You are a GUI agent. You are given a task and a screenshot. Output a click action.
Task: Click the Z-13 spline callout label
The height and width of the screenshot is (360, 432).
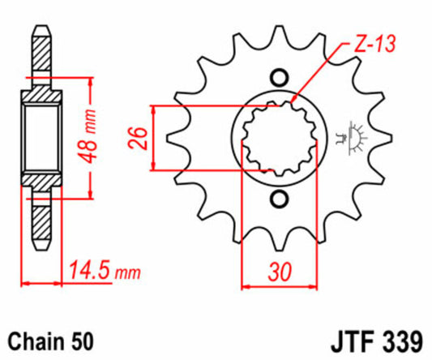[x=374, y=44]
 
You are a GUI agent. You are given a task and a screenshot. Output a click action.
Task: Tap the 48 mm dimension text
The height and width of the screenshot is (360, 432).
[x=87, y=136]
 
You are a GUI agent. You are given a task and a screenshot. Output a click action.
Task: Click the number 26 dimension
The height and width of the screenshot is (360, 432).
[x=138, y=138]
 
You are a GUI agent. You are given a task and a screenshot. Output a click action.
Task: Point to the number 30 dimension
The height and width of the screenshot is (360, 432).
[x=280, y=272]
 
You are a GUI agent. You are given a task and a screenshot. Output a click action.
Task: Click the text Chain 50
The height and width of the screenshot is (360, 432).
[x=51, y=342]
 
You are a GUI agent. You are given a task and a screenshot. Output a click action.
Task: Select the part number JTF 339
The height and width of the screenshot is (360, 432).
[x=377, y=343]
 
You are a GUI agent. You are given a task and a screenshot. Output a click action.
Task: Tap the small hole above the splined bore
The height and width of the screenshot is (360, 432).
[x=279, y=78]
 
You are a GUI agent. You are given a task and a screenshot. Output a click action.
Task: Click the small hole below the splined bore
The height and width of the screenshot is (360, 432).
[x=279, y=199]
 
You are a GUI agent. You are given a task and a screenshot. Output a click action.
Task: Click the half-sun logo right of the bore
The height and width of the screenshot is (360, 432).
[x=352, y=138]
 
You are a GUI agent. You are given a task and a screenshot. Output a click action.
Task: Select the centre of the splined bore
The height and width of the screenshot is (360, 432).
[x=279, y=139]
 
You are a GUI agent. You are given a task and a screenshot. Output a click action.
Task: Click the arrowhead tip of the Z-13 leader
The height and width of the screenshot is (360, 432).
[x=292, y=101]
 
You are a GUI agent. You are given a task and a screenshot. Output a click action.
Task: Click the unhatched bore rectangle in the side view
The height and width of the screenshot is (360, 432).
[x=41, y=138]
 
